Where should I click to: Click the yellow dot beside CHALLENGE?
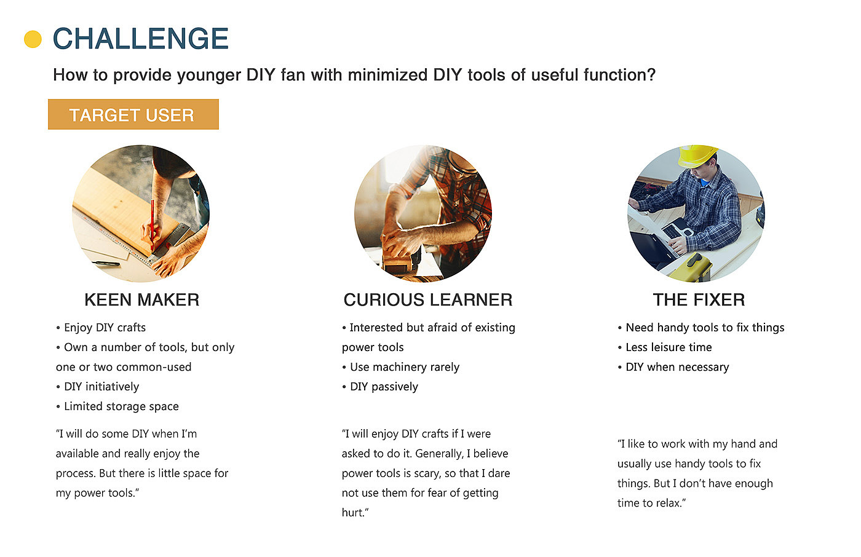coord(33,39)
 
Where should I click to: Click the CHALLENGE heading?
coord(141,38)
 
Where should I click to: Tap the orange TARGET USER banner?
coord(133,114)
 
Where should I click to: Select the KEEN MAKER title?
coord(142,299)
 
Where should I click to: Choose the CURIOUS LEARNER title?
coord(428,299)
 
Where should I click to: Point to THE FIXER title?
coord(699,299)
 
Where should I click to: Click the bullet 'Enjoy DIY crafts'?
coord(101,328)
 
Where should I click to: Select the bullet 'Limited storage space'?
coord(117,406)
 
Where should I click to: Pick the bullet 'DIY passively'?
coord(380,387)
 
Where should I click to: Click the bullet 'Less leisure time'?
coord(665,347)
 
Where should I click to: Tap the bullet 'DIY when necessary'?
coord(673,367)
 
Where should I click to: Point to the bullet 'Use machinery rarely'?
coord(400,367)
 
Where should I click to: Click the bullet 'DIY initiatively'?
coord(97,387)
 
